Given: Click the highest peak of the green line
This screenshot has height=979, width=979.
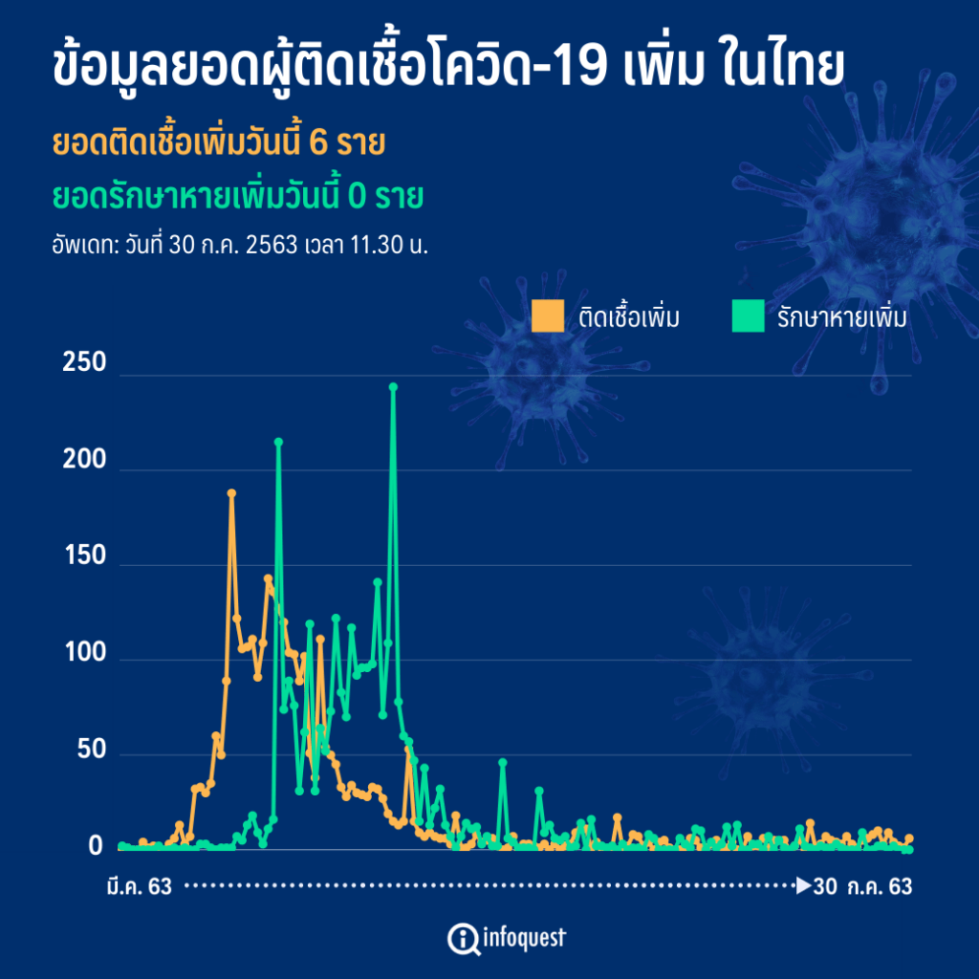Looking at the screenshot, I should [x=393, y=387].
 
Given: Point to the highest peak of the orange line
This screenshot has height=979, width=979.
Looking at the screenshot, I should [x=231, y=493].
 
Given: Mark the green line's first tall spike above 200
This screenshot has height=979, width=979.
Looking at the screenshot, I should [x=278, y=442].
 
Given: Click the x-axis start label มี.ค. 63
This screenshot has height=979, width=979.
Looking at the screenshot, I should [x=140, y=887].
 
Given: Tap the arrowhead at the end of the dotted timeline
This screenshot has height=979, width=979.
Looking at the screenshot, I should [x=803, y=886].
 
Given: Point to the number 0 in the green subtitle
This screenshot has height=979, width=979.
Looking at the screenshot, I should [x=356, y=197].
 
